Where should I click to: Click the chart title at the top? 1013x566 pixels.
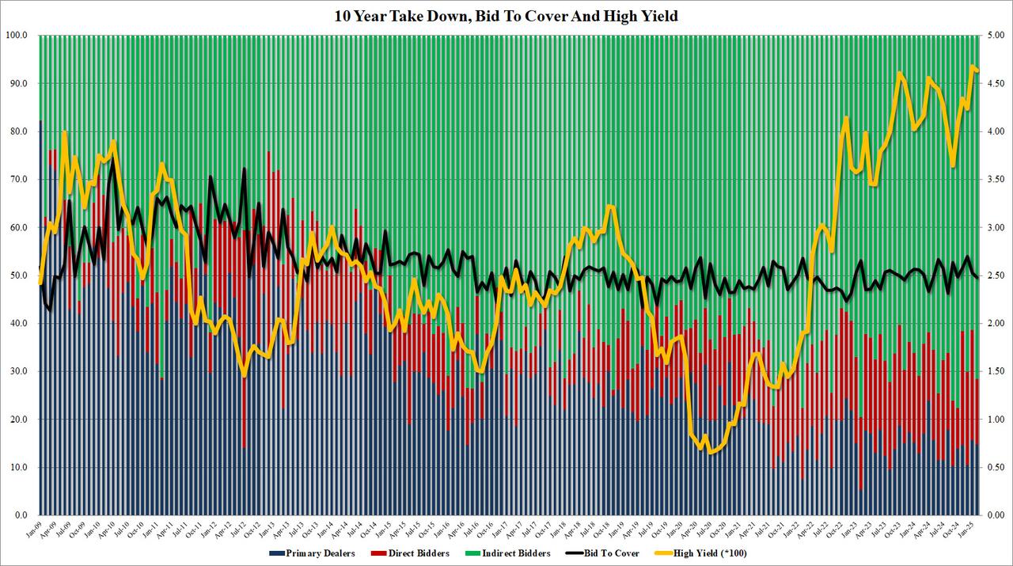(506, 16)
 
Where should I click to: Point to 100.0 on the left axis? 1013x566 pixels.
(17, 36)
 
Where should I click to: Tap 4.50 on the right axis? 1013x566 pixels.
(996, 84)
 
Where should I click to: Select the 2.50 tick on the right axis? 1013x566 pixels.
(996, 275)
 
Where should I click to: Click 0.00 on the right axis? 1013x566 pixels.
(996, 515)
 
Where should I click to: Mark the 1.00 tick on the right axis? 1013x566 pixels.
(996, 420)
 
